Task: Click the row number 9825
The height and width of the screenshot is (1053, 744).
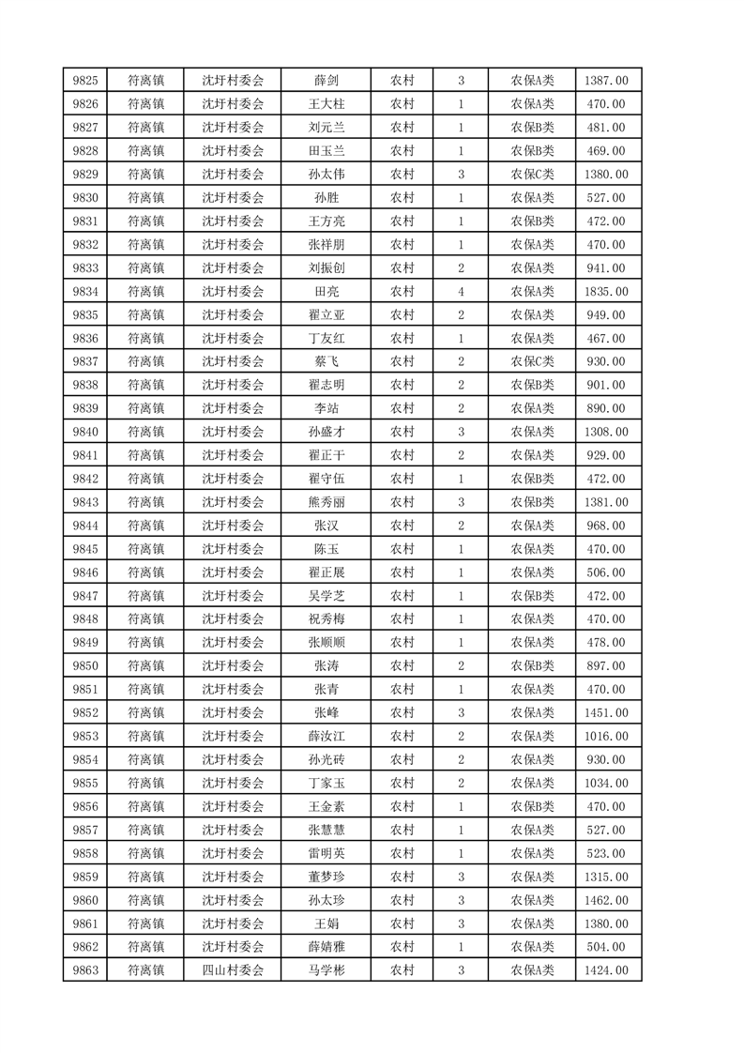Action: [84, 81]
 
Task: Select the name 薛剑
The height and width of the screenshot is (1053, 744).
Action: [326, 81]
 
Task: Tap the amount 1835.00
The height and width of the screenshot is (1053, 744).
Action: [608, 291]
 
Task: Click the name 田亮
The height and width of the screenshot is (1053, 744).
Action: [326, 291]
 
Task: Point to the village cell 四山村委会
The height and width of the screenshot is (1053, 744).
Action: [234, 970]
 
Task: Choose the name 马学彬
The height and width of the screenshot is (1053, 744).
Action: [326, 970]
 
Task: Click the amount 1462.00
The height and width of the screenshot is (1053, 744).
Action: [608, 900]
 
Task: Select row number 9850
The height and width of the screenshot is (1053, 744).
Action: [84, 666]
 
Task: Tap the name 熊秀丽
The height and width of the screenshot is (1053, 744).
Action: [326, 502]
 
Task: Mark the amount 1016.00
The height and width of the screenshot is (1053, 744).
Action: [608, 737]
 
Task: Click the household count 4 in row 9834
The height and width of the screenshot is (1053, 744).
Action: [461, 291]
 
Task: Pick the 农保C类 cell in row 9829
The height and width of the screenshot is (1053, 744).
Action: [532, 175]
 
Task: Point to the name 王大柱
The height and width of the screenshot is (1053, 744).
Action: [326, 104]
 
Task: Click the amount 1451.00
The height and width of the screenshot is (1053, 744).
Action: [608, 713]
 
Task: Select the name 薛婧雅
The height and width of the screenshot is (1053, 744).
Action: [326, 947]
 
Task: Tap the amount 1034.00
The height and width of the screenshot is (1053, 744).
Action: [608, 784]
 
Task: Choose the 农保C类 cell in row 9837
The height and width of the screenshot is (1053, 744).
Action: [532, 361]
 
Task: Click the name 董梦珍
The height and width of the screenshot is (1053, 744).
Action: [326, 877]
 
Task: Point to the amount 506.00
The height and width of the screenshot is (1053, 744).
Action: [608, 572]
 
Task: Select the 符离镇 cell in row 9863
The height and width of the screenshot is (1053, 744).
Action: [145, 970]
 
